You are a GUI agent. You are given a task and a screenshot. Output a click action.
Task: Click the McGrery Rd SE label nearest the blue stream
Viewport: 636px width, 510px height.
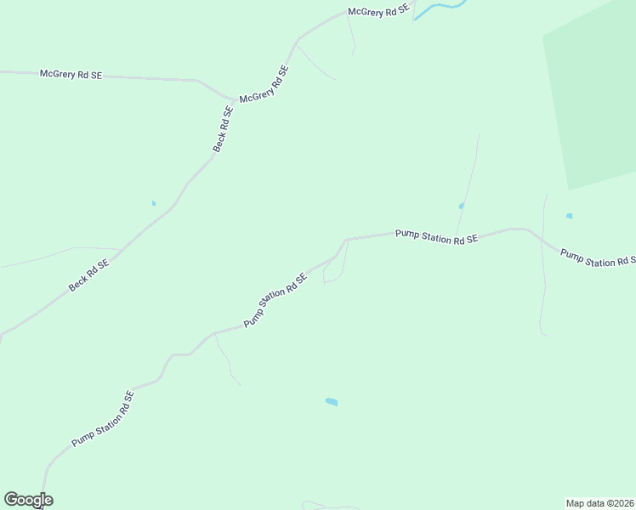point(379,13)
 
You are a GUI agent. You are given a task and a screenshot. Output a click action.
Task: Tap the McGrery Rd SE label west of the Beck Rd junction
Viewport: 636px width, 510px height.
point(71,75)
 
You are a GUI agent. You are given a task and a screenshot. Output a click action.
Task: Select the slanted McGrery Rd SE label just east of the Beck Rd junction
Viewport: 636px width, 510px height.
point(264,86)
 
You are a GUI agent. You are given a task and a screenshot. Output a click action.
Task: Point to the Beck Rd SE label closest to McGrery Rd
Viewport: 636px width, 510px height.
point(223,129)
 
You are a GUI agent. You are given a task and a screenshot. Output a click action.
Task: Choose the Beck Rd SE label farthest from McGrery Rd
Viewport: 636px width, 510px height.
point(89,275)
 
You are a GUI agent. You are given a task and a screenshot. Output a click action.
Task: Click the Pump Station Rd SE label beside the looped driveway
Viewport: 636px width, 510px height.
point(275,300)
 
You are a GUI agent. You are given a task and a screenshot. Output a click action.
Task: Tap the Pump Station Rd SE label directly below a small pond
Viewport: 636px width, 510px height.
point(436,237)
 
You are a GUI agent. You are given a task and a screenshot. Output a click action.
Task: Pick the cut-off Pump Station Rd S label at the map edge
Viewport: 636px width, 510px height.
point(598,258)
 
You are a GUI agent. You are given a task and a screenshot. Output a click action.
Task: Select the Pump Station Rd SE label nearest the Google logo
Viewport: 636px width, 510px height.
point(103,419)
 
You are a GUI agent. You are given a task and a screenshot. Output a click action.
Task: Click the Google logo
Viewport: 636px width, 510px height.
point(28,500)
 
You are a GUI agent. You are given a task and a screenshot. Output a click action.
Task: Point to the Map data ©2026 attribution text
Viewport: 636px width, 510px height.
point(599,502)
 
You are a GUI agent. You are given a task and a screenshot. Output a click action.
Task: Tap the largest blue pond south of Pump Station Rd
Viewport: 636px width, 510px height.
point(332,401)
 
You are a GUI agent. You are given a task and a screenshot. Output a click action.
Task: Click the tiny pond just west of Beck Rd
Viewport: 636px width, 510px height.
point(154,203)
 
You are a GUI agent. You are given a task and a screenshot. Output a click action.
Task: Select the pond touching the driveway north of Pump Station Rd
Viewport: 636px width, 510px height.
point(461,206)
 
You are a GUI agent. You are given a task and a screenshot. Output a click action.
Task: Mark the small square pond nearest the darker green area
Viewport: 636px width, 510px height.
point(569,216)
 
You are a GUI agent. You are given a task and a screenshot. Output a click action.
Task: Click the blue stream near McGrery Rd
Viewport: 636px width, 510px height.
point(439,8)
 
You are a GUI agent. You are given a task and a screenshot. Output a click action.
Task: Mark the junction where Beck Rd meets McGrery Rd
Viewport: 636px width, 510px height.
point(235,99)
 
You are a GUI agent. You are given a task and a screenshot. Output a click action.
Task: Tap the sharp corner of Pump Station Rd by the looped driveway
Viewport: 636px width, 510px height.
point(346,240)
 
